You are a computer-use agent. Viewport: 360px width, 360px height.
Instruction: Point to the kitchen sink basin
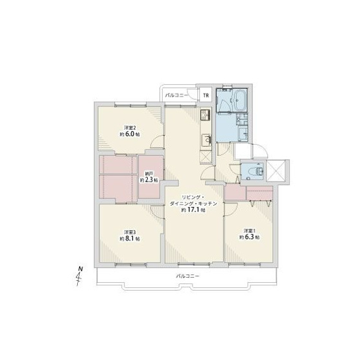207,139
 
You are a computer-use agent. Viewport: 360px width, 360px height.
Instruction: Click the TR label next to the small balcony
206,96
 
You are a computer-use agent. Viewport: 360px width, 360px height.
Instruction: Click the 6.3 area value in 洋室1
250,237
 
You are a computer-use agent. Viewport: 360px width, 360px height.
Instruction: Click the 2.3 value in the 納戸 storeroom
151,180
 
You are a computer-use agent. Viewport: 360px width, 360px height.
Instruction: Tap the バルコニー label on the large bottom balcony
187,277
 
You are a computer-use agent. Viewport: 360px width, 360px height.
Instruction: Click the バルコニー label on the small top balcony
177,95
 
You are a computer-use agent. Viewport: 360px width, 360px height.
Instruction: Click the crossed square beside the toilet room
275,170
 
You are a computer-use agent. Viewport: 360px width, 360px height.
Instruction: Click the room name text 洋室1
249,230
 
